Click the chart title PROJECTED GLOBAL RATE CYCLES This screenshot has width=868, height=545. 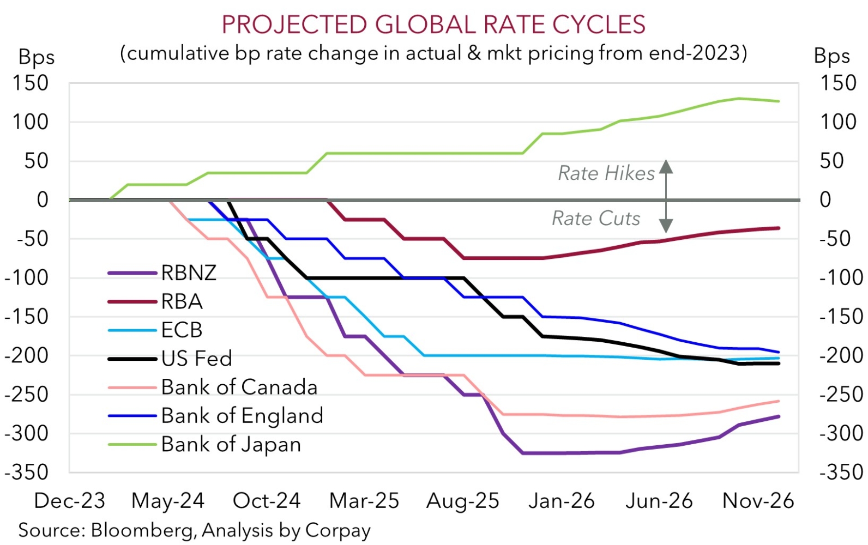pyautogui.click(x=433, y=25)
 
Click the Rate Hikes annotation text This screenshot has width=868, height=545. pyautogui.click(x=606, y=173)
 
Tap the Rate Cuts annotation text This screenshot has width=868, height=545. pyautogui.click(x=596, y=219)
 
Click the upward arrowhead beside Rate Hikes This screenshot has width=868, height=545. pyautogui.click(x=666, y=166)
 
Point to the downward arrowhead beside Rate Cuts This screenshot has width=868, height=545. pyautogui.click(x=666, y=226)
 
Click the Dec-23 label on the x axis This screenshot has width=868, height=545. pyautogui.click(x=69, y=501)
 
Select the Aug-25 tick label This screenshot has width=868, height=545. pyautogui.click(x=463, y=501)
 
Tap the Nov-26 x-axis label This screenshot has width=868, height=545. pyautogui.click(x=758, y=501)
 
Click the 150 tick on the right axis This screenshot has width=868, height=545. pyautogui.click(x=838, y=83)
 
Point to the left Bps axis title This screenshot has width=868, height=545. pyautogui.click(x=37, y=57)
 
